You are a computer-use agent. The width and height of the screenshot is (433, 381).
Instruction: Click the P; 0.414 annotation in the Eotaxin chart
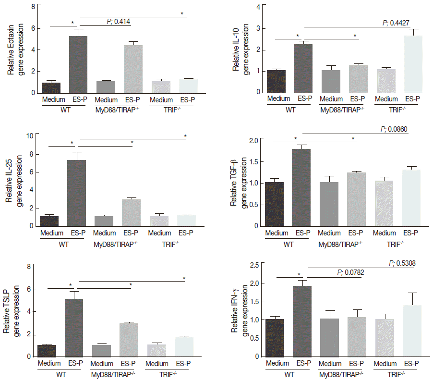(119, 22)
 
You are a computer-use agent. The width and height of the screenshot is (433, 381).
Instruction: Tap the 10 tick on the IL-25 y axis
(29, 136)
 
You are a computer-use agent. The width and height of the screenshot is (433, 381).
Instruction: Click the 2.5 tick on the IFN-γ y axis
(254, 265)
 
